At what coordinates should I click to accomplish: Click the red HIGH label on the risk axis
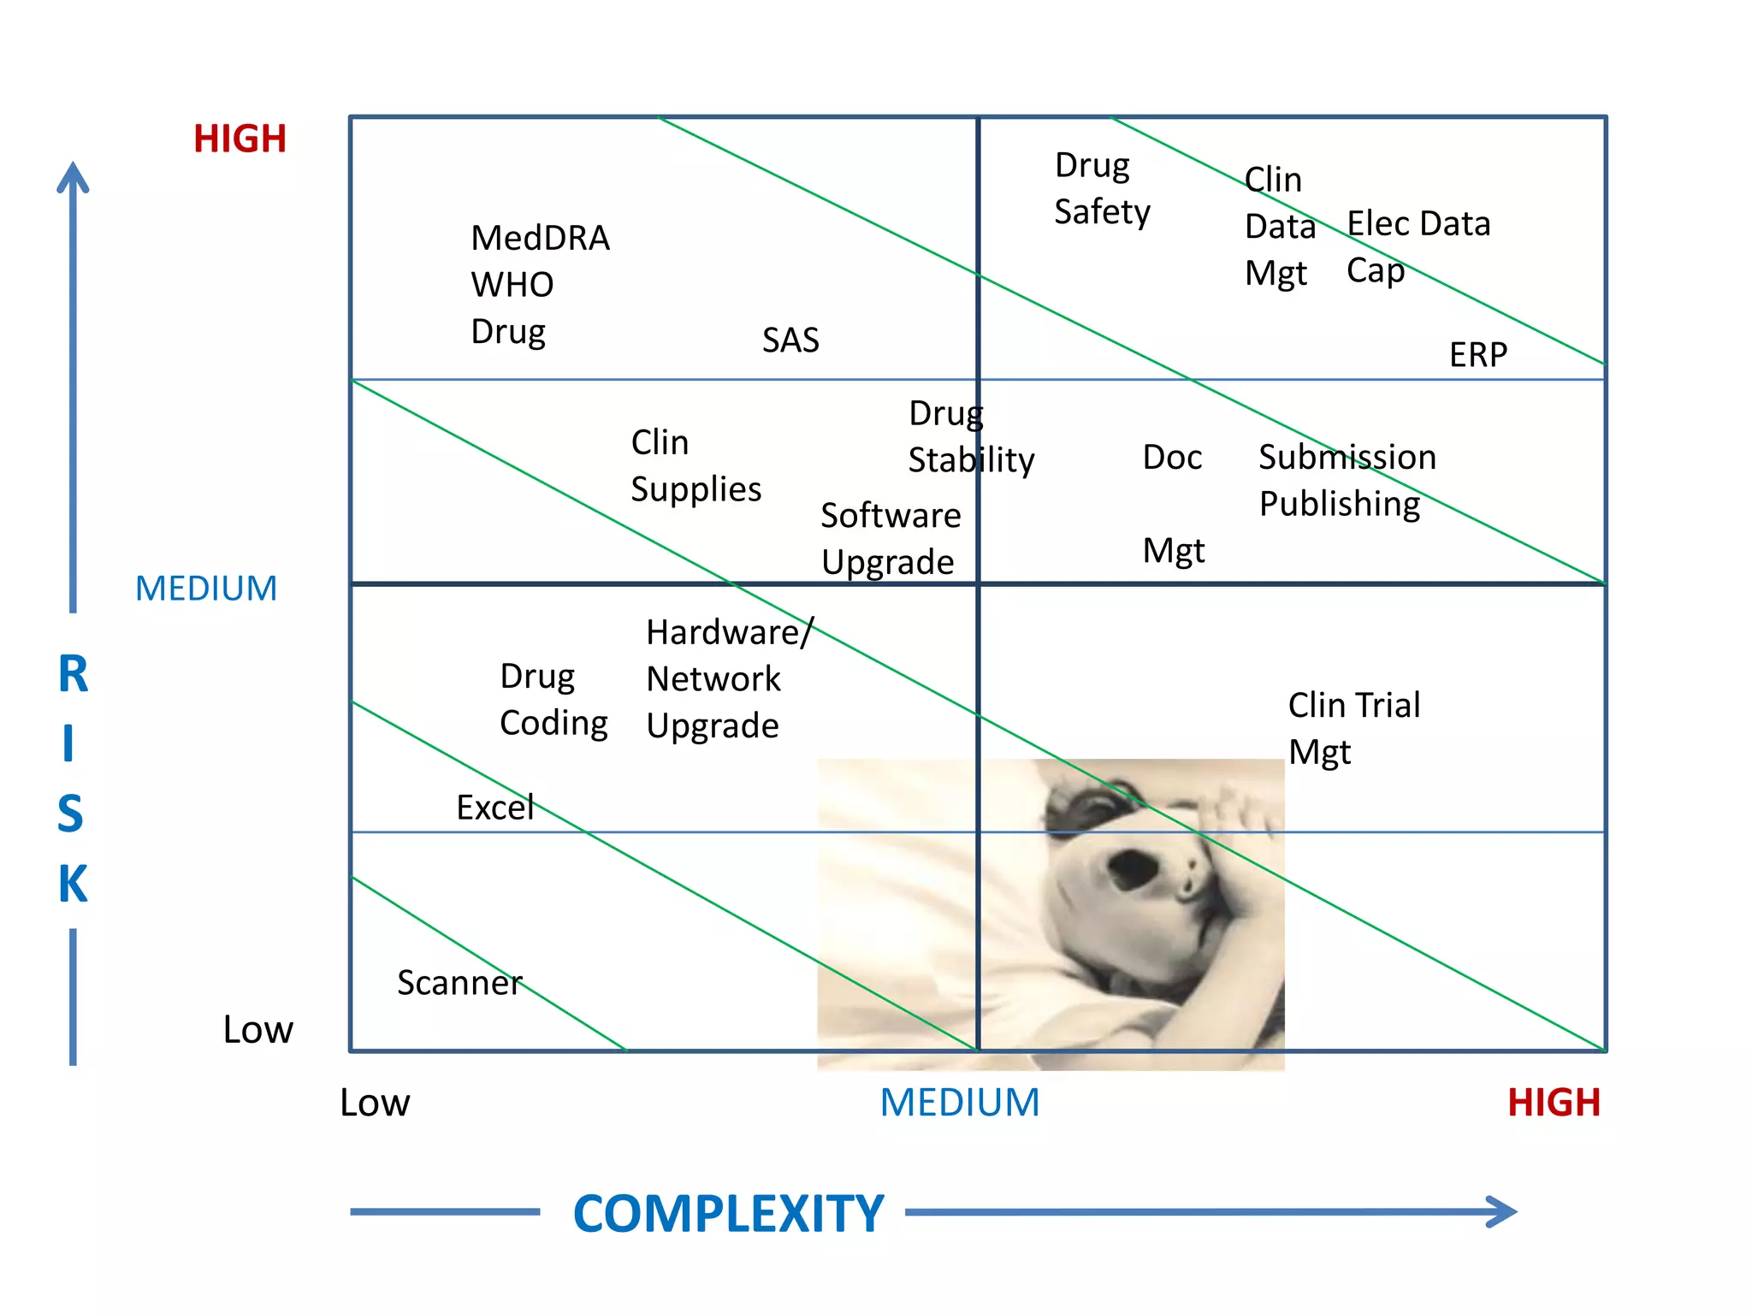pos(240,139)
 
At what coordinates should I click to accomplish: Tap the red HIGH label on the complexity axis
pos(1553,1103)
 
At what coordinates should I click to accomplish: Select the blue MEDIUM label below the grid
pos(959,1103)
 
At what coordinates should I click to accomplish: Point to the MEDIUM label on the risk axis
pos(206,589)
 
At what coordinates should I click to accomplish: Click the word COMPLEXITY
pos(728,1213)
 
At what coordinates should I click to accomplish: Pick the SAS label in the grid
pos(790,340)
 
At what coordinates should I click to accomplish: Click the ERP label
pos(1477,355)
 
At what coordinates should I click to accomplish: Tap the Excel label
pos(494,808)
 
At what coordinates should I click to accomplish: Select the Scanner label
pos(459,983)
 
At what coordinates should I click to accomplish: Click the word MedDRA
pos(540,238)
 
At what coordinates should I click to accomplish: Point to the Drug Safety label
pos(1101,188)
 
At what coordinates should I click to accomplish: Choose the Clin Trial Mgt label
pos(1353,728)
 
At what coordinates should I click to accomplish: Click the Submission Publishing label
pos(1347,480)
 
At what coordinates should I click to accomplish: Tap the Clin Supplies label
pos(695,466)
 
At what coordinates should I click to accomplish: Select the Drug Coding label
pos(553,700)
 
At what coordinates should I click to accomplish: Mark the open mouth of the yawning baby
pos(1134,870)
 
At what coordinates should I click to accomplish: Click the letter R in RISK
pos(74,674)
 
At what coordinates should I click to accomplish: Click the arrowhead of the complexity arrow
pos(1503,1211)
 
